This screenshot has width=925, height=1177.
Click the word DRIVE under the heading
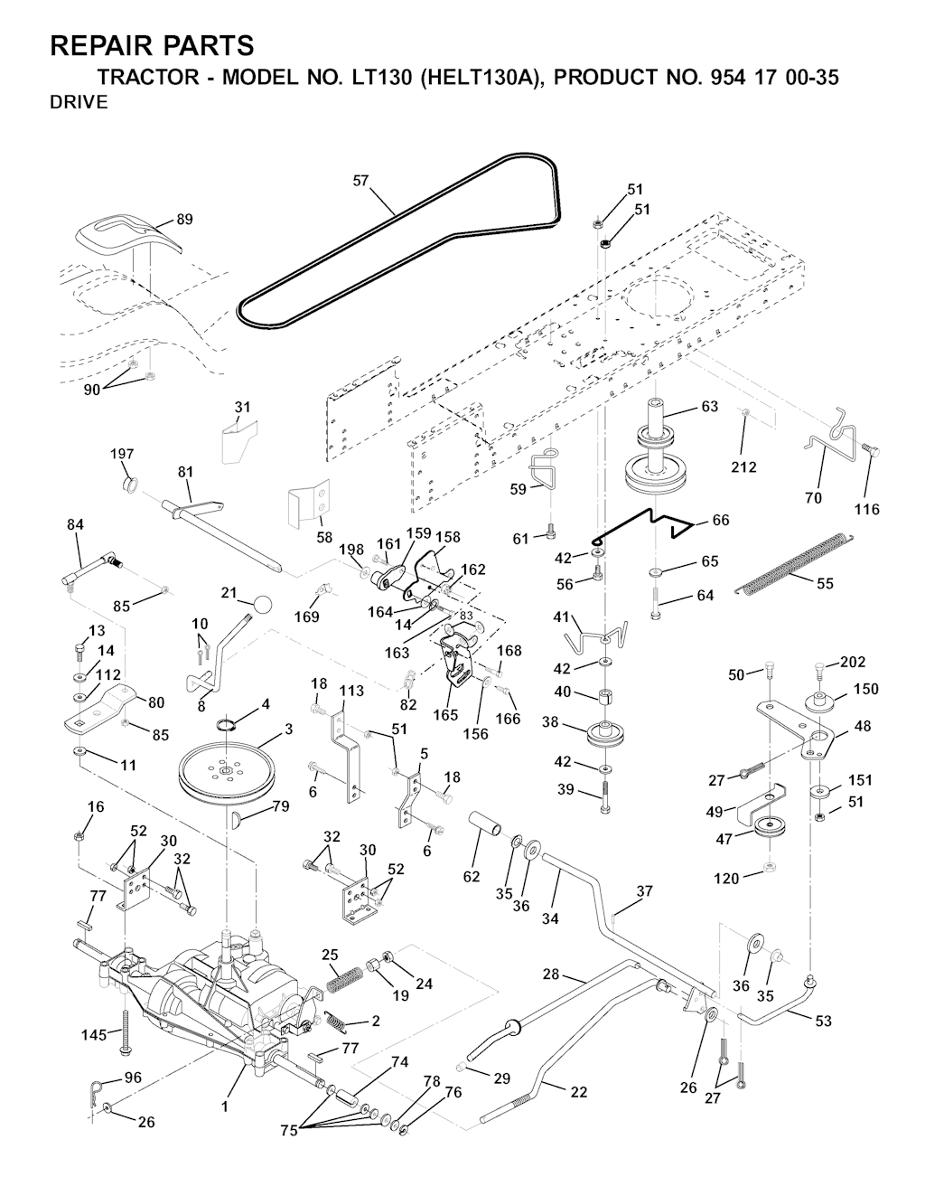coord(79,102)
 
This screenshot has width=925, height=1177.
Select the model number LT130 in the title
coord(378,77)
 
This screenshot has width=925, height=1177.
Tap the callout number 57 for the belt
coord(360,181)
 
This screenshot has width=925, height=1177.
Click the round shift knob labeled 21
coord(262,604)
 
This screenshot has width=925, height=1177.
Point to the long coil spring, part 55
coord(793,562)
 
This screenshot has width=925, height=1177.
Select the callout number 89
coord(184,220)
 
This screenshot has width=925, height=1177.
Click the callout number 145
coord(94,1035)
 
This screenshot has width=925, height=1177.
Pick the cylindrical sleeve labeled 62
coord(484,827)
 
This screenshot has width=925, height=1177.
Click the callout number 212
coord(744,467)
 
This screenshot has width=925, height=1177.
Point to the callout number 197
coord(122,454)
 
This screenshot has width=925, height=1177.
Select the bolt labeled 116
coord(870,451)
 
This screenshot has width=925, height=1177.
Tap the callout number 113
coord(350,691)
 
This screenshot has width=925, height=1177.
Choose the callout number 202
coord(853,662)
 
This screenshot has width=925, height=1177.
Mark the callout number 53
coord(823,1021)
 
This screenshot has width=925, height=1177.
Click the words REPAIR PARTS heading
coord(152,45)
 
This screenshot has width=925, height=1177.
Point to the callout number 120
coord(726,879)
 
